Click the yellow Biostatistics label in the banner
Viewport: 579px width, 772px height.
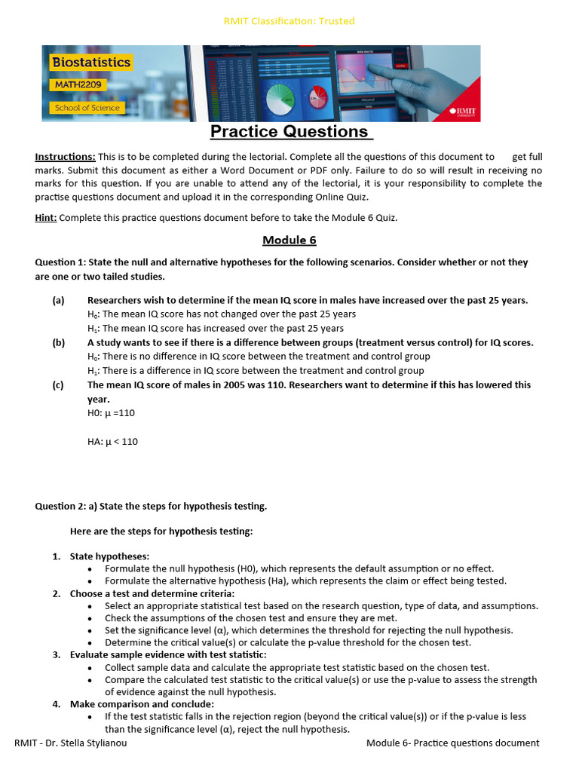[x=90, y=63]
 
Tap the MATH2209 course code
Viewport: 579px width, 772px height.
[x=79, y=85]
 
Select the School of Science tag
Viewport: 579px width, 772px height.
[x=87, y=108]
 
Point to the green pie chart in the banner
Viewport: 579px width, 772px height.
[x=280, y=96]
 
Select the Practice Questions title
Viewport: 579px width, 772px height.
[x=289, y=132]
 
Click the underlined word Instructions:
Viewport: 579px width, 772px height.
[x=65, y=157]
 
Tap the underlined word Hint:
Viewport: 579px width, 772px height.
[x=46, y=218]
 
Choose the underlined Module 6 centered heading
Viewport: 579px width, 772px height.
[x=289, y=240]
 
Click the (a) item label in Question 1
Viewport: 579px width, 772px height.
[x=58, y=300]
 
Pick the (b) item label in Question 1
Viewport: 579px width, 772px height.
[x=58, y=342]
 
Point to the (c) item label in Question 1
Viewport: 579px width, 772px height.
[x=58, y=384]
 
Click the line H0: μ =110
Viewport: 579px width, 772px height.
[x=111, y=413]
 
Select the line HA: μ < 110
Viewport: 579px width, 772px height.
[x=112, y=442]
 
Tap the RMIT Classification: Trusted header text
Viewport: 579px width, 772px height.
[x=289, y=21]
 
